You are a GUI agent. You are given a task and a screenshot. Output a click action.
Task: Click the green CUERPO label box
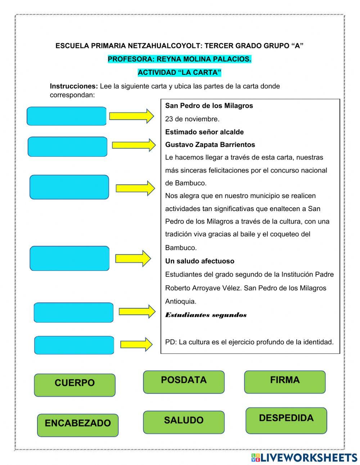click(75, 385)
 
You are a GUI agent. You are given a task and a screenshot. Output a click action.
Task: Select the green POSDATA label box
click(184, 382)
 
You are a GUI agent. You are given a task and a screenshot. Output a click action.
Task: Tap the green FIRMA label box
click(285, 382)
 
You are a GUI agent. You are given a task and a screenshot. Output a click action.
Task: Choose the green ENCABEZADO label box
click(77, 425)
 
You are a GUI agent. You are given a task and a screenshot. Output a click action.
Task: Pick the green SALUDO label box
click(184, 422)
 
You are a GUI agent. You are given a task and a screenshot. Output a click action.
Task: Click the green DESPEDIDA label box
click(286, 420)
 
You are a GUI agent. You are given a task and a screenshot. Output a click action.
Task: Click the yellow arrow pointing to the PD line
click(136, 344)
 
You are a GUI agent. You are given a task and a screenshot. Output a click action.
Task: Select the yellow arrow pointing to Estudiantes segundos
click(137, 312)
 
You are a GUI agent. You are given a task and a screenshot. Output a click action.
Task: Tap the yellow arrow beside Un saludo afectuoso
click(133, 258)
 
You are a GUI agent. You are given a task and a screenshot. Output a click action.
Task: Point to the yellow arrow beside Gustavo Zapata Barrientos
click(134, 145)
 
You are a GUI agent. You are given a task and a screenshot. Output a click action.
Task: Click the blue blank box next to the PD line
click(74, 345)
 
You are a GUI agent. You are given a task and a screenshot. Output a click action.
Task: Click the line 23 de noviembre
click(192, 119)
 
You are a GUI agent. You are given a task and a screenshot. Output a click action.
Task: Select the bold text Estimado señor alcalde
click(204, 132)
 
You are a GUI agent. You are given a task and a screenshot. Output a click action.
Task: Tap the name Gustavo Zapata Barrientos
click(210, 145)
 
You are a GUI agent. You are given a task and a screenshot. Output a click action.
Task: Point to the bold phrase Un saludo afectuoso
click(199, 261)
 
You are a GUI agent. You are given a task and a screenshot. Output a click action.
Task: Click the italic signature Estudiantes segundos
click(206, 315)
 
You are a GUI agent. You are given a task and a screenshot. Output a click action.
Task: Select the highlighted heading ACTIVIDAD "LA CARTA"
click(179, 72)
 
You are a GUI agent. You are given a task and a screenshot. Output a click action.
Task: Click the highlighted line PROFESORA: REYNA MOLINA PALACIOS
click(179, 59)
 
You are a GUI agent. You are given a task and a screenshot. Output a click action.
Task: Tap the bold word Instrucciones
click(74, 86)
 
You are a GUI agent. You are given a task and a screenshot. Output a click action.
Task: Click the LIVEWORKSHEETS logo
click(304, 457)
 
